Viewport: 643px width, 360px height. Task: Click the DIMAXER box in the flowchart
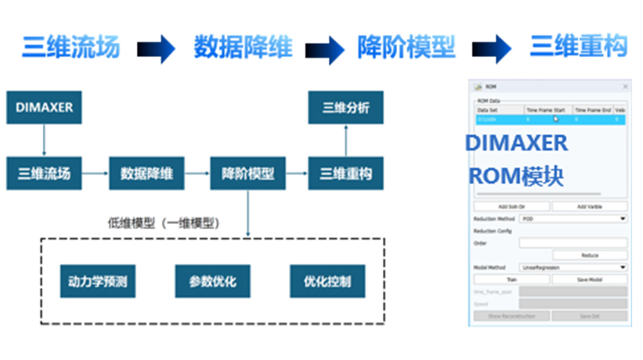click(x=44, y=107)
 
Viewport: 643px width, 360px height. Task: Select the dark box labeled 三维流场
click(x=44, y=174)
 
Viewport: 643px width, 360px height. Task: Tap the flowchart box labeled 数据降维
click(x=147, y=174)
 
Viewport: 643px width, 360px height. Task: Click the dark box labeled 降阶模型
click(x=248, y=174)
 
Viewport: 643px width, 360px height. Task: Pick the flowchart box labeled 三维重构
click(x=346, y=174)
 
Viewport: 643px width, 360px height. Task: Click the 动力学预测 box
click(x=98, y=281)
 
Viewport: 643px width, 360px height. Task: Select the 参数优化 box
click(x=213, y=281)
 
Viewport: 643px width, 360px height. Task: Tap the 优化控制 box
click(x=327, y=281)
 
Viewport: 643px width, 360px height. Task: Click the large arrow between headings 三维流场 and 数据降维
click(x=157, y=49)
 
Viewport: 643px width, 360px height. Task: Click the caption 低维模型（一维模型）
click(x=165, y=223)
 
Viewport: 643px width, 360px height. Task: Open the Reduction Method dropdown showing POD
click(x=573, y=218)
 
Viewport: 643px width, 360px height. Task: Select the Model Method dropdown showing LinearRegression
click(x=573, y=267)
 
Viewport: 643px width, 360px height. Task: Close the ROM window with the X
click(x=625, y=86)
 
